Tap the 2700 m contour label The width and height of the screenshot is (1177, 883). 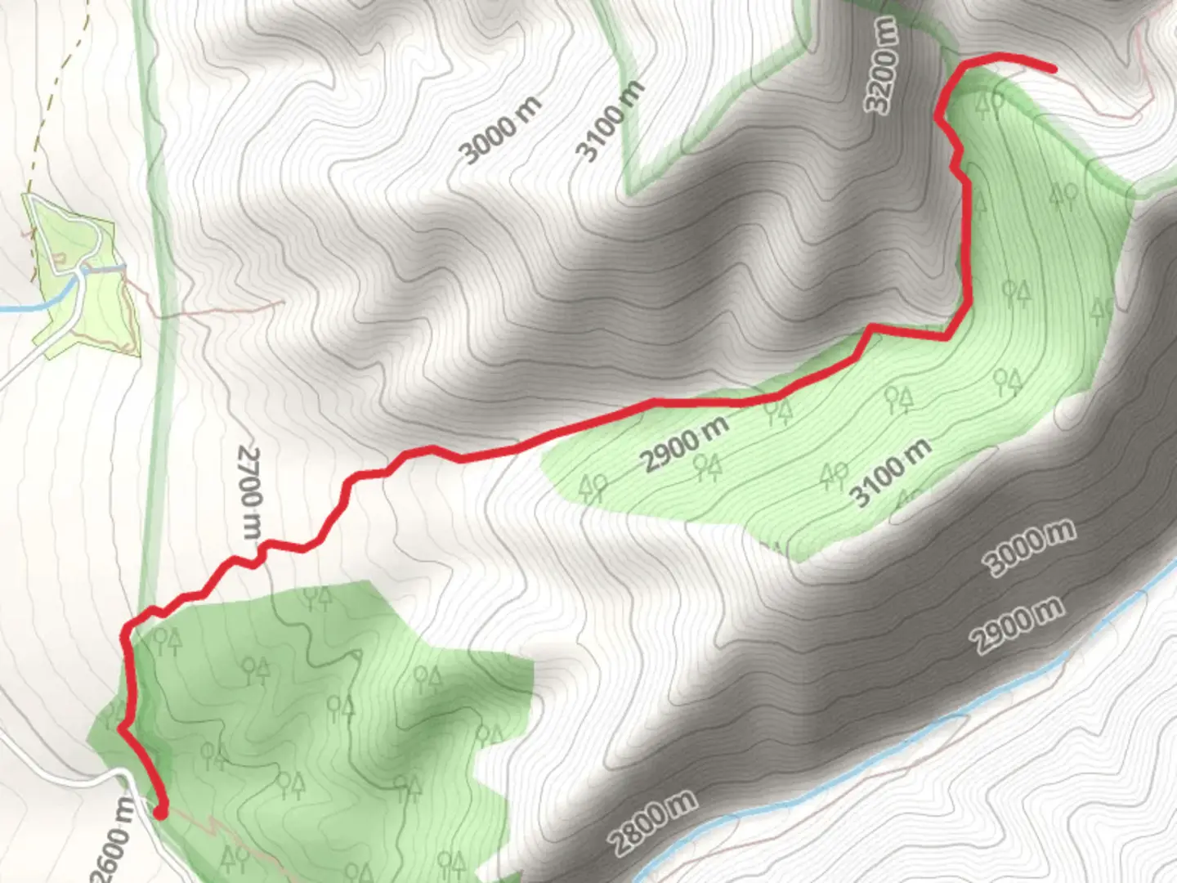click(249, 491)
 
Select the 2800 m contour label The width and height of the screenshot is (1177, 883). click(653, 823)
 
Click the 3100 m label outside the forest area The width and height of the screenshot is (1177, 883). click(609, 121)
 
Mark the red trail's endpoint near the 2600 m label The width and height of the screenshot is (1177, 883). click(160, 811)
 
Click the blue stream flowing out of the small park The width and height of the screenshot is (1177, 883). click(33, 306)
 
